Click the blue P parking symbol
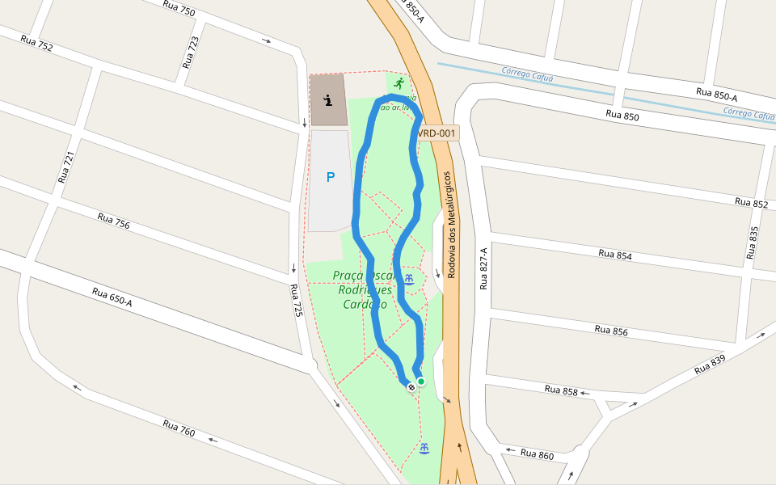pyautogui.click(x=330, y=177)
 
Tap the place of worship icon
pyautogui.click(x=328, y=100)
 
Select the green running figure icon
pyautogui.click(x=399, y=82)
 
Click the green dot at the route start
pyautogui.click(x=421, y=382)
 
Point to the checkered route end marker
pyautogui.click(x=411, y=387)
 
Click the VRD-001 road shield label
pyautogui.click(x=436, y=133)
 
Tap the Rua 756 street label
pyautogui.click(x=113, y=221)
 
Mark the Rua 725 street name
pyautogui.click(x=297, y=300)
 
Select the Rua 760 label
pyautogui.click(x=179, y=428)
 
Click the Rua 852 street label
pyautogui.click(x=751, y=202)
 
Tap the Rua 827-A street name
pyautogui.click(x=484, y=268)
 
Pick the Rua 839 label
pyautogui.click(x=711, y=365)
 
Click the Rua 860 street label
pyautogui.click(x=537, y=455)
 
